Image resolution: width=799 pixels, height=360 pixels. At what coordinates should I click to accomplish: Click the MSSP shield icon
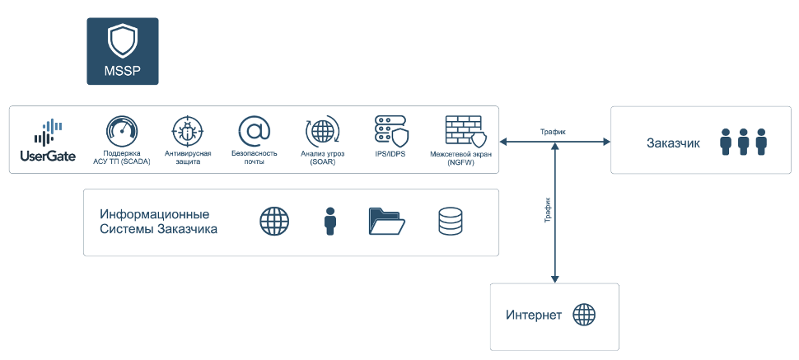123,40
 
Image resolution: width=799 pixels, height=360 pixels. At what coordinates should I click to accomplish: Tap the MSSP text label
123,71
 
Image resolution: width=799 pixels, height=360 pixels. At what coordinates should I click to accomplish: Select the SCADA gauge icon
122,132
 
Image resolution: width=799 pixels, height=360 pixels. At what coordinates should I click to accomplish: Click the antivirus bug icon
188,132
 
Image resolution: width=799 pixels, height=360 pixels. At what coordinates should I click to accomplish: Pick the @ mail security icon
254,132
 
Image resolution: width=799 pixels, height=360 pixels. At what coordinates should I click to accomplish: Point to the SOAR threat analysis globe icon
321,132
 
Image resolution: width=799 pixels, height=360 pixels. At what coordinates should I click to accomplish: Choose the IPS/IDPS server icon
390,131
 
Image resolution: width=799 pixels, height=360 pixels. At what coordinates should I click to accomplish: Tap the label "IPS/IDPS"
390,153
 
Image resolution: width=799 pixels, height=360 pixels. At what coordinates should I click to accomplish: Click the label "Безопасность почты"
254,157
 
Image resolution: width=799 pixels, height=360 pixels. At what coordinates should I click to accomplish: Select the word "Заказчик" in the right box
674,143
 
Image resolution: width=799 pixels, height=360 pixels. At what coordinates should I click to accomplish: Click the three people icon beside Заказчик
743,142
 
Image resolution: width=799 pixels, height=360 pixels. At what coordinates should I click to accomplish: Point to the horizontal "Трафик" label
553,132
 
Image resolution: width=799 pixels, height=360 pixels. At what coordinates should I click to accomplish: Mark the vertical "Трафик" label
547,211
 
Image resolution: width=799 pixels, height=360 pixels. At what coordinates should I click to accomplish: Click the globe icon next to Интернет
584,315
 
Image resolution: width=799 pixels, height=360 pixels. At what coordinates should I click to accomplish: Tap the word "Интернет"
534,316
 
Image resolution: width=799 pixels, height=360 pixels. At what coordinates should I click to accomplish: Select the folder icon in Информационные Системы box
386,222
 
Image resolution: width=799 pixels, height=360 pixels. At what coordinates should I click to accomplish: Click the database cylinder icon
450,222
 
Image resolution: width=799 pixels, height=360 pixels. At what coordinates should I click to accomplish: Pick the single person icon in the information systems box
330,222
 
